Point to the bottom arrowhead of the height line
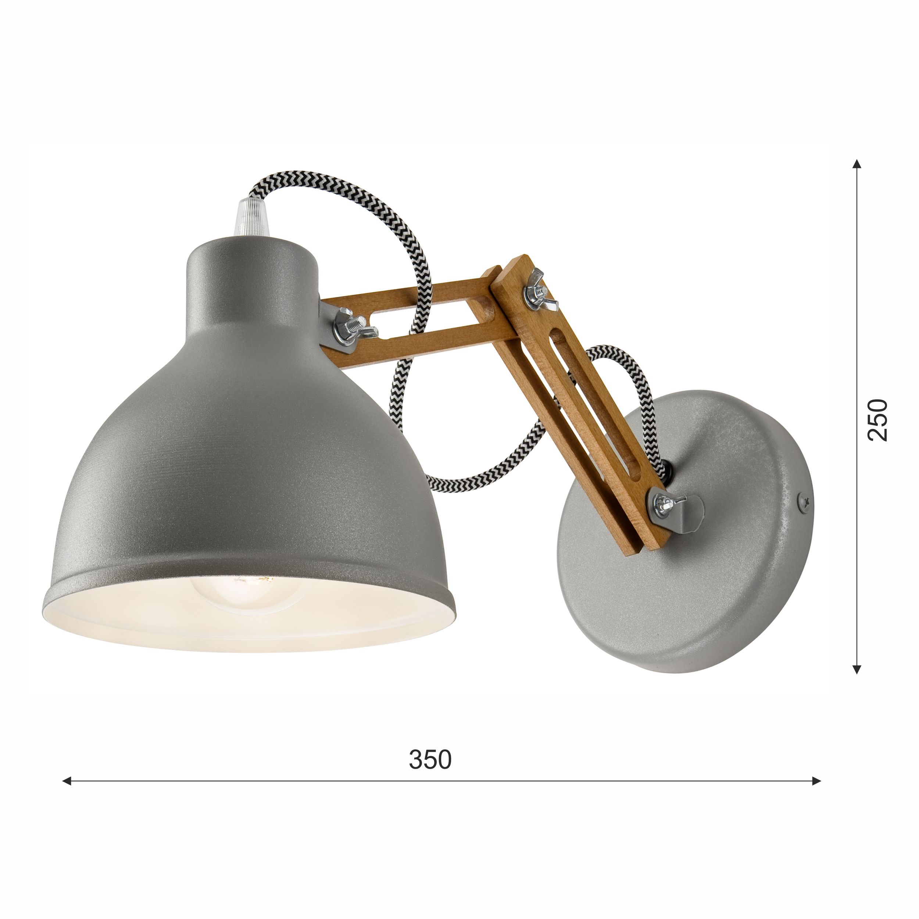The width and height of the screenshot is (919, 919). [x=857, y=670]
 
